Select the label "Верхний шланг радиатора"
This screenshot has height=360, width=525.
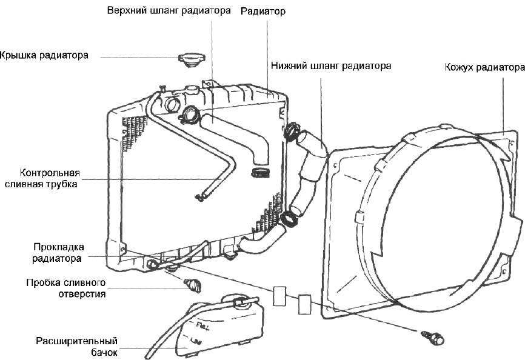169,12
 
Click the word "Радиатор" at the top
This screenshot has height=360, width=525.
262,12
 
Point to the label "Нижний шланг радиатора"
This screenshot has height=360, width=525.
330,65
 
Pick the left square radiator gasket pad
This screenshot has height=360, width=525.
280,297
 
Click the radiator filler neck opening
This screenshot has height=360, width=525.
172,104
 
